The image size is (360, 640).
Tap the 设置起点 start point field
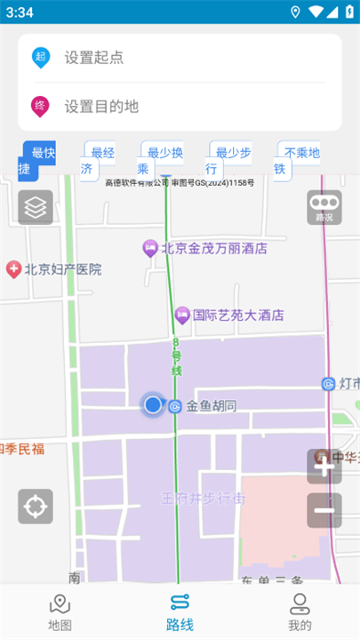click(x=178, y=58)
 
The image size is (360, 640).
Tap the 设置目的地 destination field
click(x=178, y=107)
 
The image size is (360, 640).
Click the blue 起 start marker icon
click(x=40, y=58)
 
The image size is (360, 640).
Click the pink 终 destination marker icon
click(x=40, y=106)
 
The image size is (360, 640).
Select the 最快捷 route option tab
click(x=38, y=160)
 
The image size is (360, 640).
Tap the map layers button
click(x=36, y=207)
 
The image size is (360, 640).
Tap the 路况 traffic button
click(x=324, y=207)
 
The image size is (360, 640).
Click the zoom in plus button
click(x=324, y=467)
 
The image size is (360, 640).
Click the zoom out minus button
click(x=324, y=510)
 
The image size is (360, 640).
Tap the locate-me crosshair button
click(x=36, y=507)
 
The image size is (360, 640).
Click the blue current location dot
click(x=153, y=405)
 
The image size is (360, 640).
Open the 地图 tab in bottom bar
click(x=60, y=612)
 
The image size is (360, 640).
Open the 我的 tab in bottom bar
click(x=300, y=612)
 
